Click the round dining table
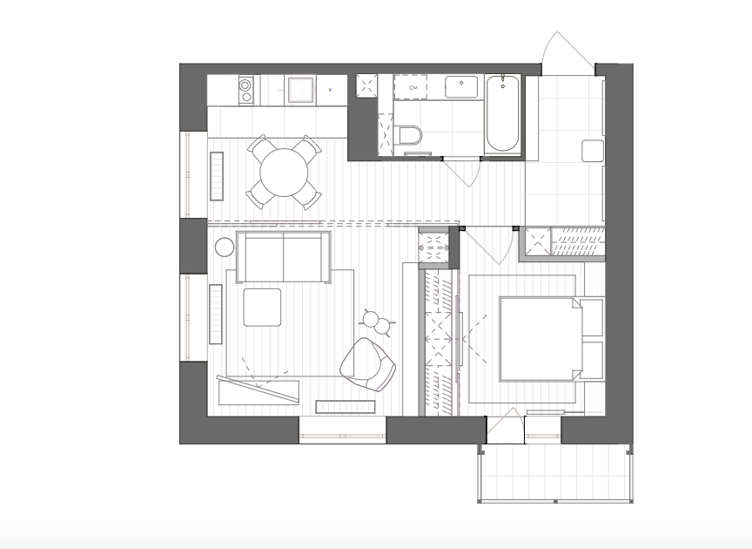tap(284, 172)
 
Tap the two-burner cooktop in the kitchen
tap(245, 91)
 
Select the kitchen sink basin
tap(300, 90)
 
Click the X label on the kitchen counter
tap(330, 90)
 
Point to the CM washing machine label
tap(413, 87)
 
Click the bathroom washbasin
tap(461, 87)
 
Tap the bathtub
tap(502, 114)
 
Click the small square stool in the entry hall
tap(593, 151)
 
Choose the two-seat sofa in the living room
tap(284, 257)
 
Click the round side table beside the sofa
tap(225, 247)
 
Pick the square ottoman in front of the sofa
tap(262, 308)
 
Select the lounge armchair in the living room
tap(368, 364)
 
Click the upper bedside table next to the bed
tap(592, 317)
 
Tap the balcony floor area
tap(555, 472)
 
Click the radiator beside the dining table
tap(217, 176)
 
